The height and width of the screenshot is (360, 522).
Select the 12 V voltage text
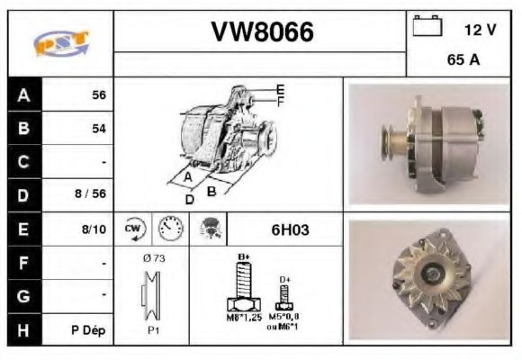480,30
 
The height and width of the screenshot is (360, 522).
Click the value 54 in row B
98,129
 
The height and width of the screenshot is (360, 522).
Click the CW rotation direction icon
133,229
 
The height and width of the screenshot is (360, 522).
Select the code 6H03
290,229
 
